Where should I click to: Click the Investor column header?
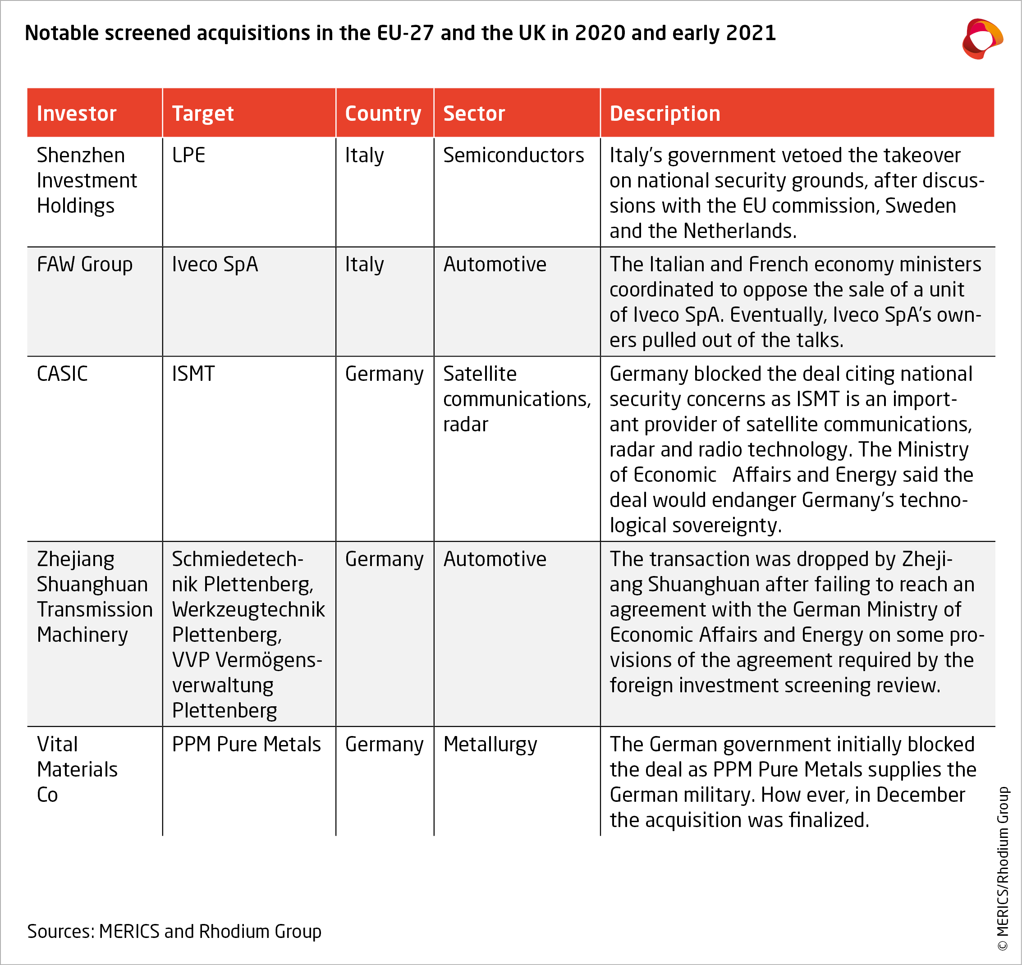[x=77, y=113]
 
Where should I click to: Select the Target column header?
[x=203, y=113]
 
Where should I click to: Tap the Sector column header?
[x=474, y=113]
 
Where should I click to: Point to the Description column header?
[x=665, y=113]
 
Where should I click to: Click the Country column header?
[x=383, y=113]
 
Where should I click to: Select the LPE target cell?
[x=188, y=155]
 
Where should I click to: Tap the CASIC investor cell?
[x=62, y=374]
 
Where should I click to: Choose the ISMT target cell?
[x=193, y=374]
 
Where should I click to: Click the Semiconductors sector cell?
[x=513, y=155]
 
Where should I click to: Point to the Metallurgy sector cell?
[x=490, y=744]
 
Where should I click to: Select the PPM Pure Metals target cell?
[x=246, y=744]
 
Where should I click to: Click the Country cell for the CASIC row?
[x=384, y=374]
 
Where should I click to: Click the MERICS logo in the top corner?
[x=982, y=39]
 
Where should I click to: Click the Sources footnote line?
[x=174, y=931]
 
